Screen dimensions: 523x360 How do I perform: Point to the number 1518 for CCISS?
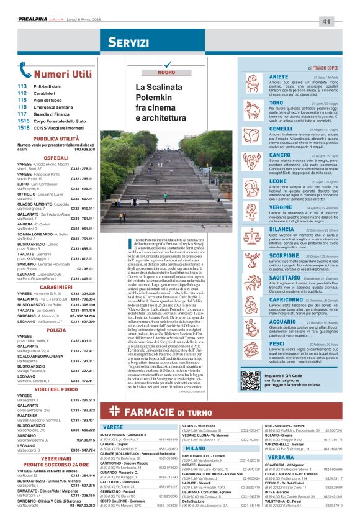(x=24, y=128)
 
